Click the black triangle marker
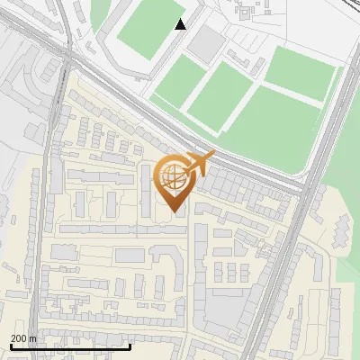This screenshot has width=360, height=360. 181,24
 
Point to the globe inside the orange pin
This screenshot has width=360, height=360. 172,176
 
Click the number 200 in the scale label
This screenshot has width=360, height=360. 18,338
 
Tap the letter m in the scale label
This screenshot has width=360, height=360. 32,338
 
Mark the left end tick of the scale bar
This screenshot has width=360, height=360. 11,346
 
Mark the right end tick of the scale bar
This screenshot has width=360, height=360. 130,346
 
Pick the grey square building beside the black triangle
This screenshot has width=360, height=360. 208,41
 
